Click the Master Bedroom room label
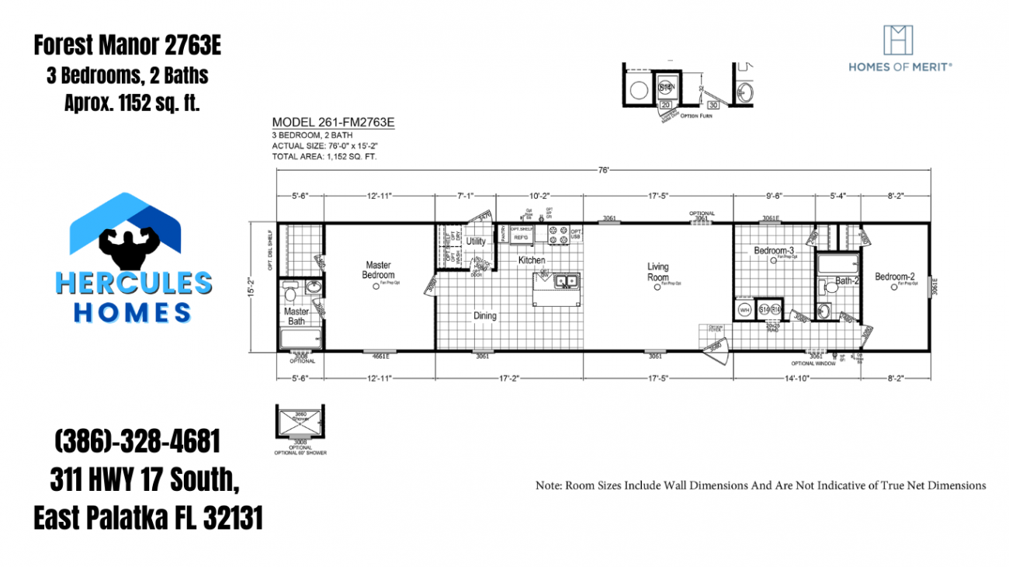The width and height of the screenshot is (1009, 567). tap(378, 270)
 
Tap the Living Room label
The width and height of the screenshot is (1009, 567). tap(657, 272)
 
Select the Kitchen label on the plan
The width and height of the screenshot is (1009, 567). tap(532, 260)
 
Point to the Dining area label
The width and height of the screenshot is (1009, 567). tap(485, 315)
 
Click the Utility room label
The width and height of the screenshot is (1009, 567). tap(476, 242)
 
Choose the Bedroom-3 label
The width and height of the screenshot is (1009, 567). tap(773, 251)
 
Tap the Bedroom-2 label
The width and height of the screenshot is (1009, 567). tap(895, 277)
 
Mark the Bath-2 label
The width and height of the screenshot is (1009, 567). tap(846, 280)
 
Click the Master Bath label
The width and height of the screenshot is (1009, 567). tap(296, 316)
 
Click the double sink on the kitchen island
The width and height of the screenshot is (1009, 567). tap(566, 281)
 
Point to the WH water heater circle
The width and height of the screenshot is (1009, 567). tap(744, 310)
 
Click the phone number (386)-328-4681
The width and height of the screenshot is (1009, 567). tap(137, 442)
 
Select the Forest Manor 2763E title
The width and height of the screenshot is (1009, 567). tap(127, 46)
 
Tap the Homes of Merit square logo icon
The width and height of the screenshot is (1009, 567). tap(899, 40)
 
